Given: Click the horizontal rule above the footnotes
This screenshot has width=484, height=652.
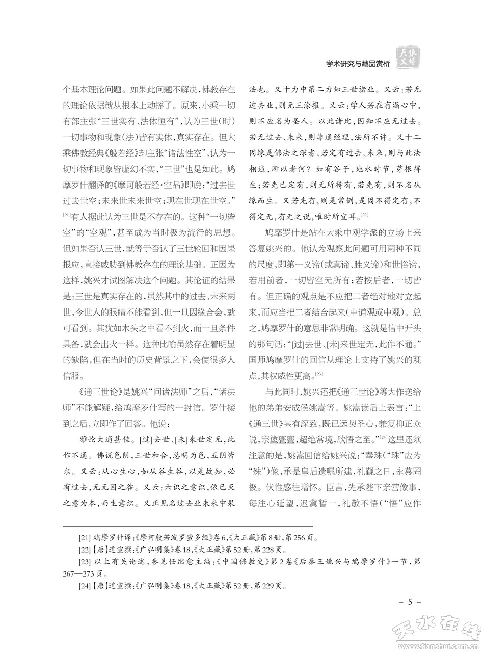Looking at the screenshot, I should [188, 526].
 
